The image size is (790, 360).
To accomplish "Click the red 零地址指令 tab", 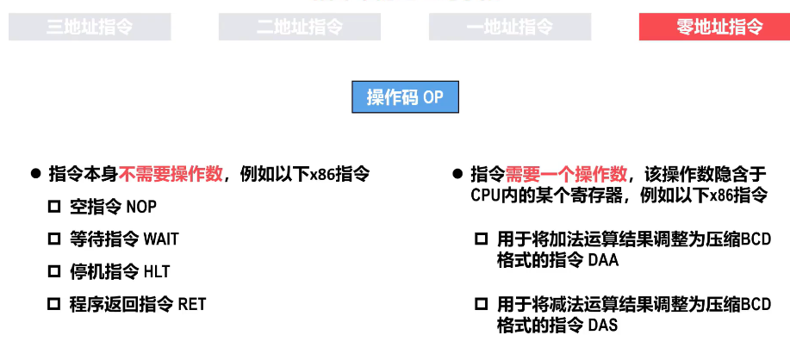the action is (713, 27).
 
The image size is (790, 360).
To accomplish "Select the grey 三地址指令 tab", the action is (90, 27).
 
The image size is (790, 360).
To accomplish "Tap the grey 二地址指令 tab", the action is (300, 27).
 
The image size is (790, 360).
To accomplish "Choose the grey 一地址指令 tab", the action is (510, 27).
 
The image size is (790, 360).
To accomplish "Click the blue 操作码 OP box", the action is (405, 97).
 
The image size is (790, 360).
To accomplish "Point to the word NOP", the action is (141, 207).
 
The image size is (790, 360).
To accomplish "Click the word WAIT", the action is (161, 239).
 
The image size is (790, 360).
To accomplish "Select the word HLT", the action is (157, 272).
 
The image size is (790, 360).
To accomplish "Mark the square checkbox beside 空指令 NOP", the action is (54, 207).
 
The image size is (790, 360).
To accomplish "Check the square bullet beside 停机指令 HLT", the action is (54, 271).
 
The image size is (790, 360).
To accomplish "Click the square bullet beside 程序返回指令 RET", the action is (54, 304).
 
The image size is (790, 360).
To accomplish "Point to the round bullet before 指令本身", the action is (35, 173).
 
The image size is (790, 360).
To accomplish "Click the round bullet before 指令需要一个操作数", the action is (457, 173).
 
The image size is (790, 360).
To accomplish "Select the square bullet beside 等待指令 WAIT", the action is (54, 239).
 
